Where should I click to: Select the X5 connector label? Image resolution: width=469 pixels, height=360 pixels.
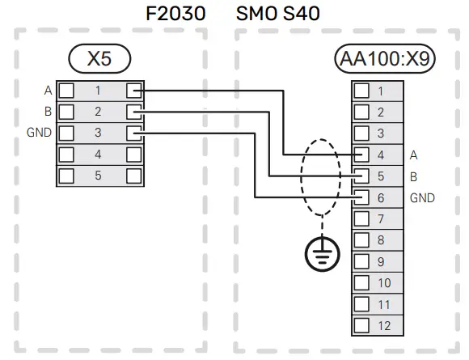(99, 58)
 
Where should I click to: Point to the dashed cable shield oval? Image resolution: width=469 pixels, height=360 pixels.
(321, 175)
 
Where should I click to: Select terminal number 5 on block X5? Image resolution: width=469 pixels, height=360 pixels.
(98, 175)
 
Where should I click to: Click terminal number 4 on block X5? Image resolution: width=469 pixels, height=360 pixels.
(98, 154)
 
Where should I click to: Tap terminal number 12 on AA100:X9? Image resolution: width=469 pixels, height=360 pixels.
(384, 325)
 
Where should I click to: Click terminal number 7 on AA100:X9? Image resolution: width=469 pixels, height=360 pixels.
(382, 218)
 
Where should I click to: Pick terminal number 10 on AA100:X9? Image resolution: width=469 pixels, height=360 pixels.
(384, 282)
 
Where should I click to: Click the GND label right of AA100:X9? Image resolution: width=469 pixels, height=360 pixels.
(422, 197)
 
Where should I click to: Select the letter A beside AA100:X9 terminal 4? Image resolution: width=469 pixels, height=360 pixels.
(414, 154)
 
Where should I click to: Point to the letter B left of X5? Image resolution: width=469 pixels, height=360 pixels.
(47, 111)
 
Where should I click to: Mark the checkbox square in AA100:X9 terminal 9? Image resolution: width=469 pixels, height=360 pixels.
(362, 261)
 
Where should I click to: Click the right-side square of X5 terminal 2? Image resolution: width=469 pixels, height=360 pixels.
(134, 111)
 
